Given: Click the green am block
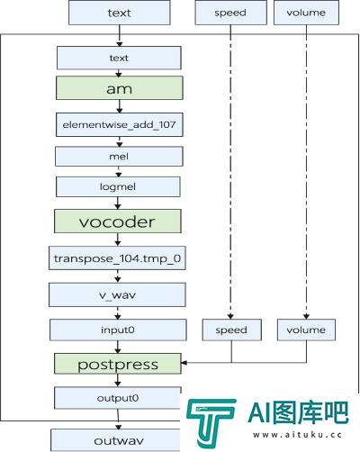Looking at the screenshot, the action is (x=120, y=88).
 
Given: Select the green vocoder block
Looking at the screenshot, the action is (x=118, y=221).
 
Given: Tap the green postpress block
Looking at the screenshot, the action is (x=118, y=364).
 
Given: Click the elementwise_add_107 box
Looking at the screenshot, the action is (x=120, y=124).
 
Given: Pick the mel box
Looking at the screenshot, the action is (x=119, y=157).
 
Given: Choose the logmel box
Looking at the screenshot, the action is (x=118, y=186).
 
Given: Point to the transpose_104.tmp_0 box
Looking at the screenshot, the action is (x=117, y=258).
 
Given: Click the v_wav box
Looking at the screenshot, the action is (x=117, y=294).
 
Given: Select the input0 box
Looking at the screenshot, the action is (x=118, y=330).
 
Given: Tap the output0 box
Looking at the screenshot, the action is (x=118, y=398).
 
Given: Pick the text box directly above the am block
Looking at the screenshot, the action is (x=119, y=58).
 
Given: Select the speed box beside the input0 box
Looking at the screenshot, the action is (x=232, y=330).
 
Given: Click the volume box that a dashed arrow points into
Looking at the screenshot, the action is (x=306, y=330).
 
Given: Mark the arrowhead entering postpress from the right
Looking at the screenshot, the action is (x=184, y=363).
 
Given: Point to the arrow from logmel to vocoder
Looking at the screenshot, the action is (x=118, y=203).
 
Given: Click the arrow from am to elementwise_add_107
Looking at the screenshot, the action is (x=120, y=106).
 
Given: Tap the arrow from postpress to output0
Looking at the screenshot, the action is (x=118, y=381).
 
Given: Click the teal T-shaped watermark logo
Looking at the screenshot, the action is (x=211, y=421).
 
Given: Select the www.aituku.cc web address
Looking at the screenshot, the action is (x=297, y=435).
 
